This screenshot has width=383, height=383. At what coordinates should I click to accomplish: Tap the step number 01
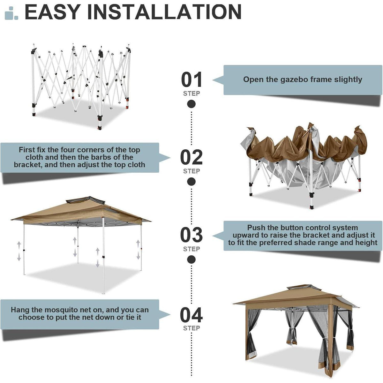point(191,79)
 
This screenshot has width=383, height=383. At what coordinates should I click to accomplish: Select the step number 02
point(191,157)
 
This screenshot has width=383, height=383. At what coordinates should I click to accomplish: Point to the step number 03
point(191,235)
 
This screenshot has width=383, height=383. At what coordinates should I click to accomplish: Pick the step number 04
point(191,315)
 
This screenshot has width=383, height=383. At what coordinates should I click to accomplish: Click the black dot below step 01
point(191,104)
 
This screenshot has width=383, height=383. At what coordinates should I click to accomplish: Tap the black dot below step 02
point(191,182)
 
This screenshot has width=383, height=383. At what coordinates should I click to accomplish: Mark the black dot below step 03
point(191,259)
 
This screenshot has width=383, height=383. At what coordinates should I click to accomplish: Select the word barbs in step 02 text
point(101,157)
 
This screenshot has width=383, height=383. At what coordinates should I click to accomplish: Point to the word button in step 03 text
point(293,228)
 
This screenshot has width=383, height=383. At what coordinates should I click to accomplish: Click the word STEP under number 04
point(191,328)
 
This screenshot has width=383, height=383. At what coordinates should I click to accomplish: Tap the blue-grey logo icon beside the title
point(11,13)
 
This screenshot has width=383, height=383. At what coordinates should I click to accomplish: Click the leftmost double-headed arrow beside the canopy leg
point(19,251)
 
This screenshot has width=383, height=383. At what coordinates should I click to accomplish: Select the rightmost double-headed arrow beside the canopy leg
point(138,250)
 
